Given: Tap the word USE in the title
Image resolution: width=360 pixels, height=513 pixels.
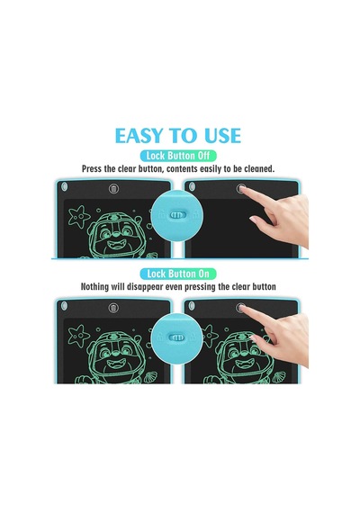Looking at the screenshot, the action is pyautogui.click(x=223, y=136).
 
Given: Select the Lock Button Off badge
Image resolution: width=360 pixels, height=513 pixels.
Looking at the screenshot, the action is pyautogui.click(x=178, y=156).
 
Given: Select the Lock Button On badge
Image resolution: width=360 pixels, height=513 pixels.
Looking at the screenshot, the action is pyautogui.click(x=178, y=274).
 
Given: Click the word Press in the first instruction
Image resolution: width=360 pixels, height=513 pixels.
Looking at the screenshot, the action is pyautogui.click(x=90, y=169).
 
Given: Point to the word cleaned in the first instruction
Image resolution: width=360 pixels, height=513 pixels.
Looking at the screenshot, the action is pyautogui.click(x=259, y=169).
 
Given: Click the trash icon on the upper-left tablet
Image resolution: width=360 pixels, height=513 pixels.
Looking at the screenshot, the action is pyautogui.click(x=113, y=188).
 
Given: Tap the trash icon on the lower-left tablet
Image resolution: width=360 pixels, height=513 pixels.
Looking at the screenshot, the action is pyautogui.click(x=113, y=308).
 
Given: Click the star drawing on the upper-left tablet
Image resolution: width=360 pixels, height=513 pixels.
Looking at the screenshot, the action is pyautogui.click(x=79, y=216).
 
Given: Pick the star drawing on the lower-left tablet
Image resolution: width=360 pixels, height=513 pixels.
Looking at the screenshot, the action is pyautogui.click(x=79, y=336).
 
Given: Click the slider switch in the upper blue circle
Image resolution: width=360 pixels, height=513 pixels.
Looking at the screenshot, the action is pyautogui.click(x=177, y=215).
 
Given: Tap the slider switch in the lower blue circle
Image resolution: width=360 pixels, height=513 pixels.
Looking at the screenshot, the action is pyautogui.click(x=177, y=337).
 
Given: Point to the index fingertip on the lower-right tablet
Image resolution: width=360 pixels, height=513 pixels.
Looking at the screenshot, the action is pyautogui.click(x=242, y=308).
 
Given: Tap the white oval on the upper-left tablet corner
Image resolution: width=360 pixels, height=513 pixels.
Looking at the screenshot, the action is pyautogui.click(x=64, y=187).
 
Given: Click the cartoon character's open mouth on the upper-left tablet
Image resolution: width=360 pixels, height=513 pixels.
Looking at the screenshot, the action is pyautogui.click(x=114, y=244).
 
